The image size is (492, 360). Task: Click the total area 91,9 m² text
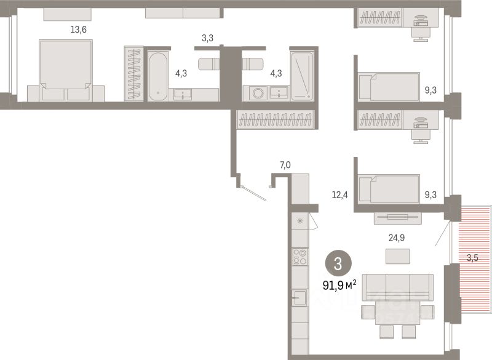339,285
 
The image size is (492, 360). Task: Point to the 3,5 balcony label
472,258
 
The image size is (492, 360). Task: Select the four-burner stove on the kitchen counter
300,257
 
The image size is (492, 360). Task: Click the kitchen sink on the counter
300,298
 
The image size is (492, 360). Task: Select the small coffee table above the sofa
397,255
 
